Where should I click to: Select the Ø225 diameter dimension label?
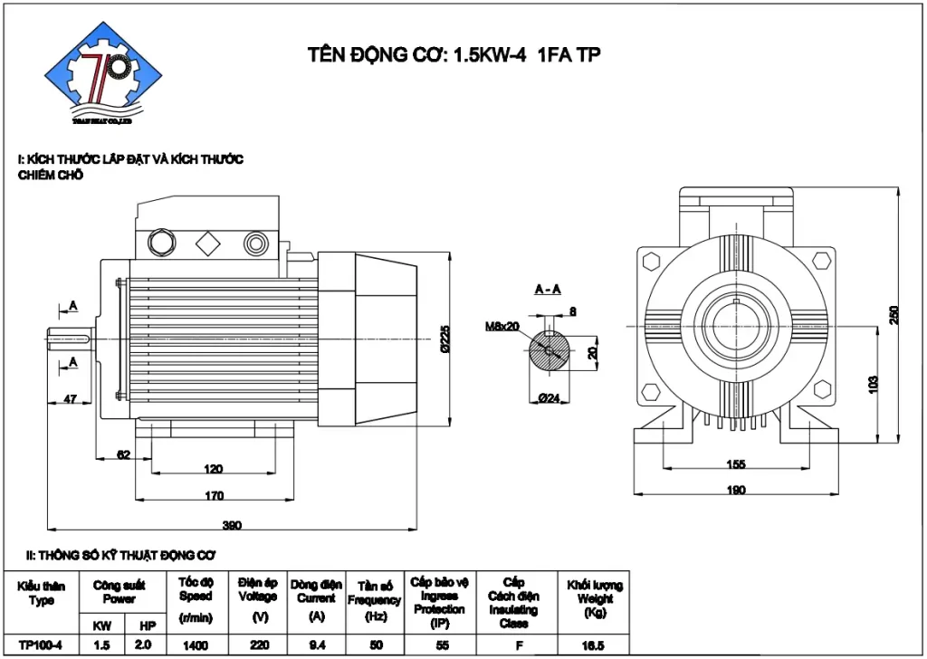click(x=444, y=339)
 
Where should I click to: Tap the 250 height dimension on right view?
click(x=894, y=314)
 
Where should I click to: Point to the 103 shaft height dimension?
click(x=873, y=382)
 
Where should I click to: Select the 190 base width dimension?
click(x=735, y=490)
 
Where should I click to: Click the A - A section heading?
click(x=547, y=290)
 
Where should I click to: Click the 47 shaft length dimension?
click(x=69, y=397)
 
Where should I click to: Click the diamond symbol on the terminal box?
click(x=207, y=242)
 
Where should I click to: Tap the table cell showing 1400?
click(x=195, y=645)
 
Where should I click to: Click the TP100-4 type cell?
click(x=41, y=645)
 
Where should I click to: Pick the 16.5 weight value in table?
click(x=593, y=645)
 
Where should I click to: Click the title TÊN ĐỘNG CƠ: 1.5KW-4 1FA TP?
click(x=455, y=55)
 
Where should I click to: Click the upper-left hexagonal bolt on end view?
click(x=649, y=262)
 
